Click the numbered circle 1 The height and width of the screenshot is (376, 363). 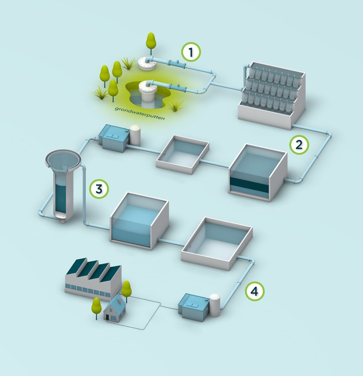coord(191,52)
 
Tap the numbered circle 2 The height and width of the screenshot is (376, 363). coord(299,145)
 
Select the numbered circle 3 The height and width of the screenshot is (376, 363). coord(99,189)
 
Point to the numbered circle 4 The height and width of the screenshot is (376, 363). coord(255,291)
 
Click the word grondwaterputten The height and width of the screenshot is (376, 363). coord(140,113)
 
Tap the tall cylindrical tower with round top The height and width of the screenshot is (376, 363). coord(63,185)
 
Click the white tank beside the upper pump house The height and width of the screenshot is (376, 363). coord(135,135)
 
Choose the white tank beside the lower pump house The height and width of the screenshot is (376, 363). coord(215,305)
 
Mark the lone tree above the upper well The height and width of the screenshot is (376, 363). coord(151,43)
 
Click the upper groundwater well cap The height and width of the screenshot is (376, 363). coord(147,64)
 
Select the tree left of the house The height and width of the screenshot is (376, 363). coord(96,308)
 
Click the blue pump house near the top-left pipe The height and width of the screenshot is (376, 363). coord(114,138)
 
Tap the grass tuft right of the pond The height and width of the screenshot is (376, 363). coord(175,106)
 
